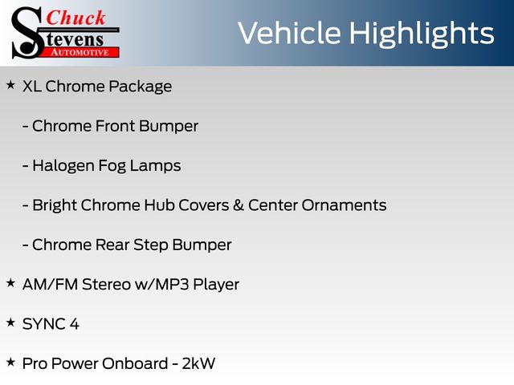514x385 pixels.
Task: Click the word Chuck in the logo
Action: coord(75,18)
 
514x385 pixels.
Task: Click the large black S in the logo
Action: coord(27,33)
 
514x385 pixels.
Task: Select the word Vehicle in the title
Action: coord(289,33)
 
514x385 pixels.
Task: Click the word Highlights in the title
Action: coord(421,34)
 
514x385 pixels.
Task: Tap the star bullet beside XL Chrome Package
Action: coord(10,85)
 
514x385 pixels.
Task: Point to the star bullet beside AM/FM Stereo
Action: coord(10,283)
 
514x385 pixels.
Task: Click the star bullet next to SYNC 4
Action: coord(10,322)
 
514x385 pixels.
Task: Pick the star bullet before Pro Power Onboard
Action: coord(10,362)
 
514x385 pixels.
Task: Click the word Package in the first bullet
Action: coord(141,87)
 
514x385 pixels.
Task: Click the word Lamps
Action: coord(155,166)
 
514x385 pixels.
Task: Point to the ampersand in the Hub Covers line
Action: coord(239,205)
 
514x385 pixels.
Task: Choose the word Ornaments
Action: coord(344,205)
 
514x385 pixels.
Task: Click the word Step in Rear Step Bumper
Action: coord(151,245)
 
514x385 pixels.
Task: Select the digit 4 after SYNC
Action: coord(75,324)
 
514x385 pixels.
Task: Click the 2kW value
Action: coord(198,363)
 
